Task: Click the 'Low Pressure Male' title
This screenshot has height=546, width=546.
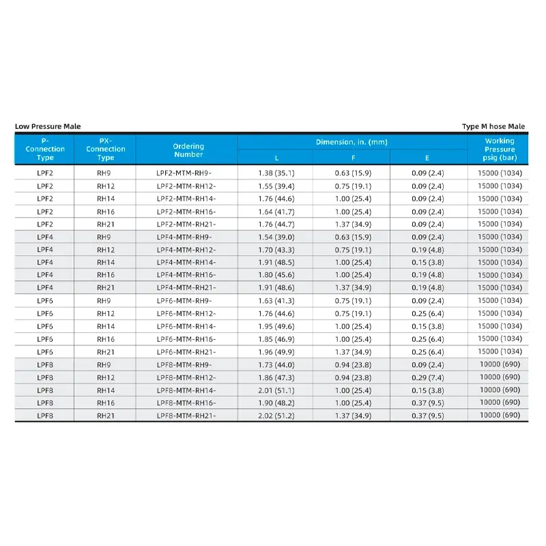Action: (x=48, y=126)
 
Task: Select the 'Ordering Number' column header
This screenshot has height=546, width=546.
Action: (x=188, y=150)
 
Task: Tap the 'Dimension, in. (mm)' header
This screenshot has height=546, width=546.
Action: (x=351, y=142)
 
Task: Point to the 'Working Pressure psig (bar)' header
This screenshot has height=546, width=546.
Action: (x=500, y=149)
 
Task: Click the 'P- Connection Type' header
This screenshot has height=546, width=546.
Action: (x=45, y=149)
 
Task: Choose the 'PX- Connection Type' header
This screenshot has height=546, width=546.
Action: (x=106, y=149)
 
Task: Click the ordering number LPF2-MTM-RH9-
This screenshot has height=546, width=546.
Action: (x=184, y=173)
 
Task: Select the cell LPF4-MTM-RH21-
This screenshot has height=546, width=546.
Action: (x=186, y=288)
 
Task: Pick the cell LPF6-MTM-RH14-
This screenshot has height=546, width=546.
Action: (x=186, y=326)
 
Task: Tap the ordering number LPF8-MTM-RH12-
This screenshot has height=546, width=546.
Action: (x=186, y=377)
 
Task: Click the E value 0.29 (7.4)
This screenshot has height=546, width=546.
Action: (x=428, y=377)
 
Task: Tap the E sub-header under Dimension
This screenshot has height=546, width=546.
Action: (x=428, y=158)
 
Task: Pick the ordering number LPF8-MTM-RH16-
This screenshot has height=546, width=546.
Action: (x=186, y=403)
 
